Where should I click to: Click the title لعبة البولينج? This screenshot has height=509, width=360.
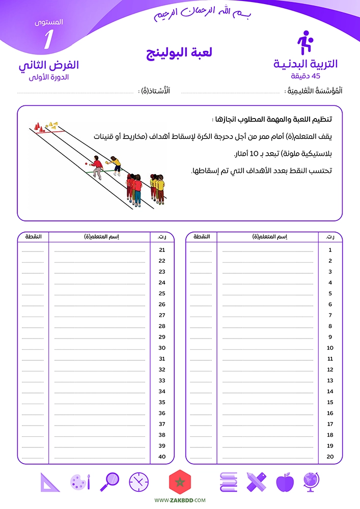[180, 53]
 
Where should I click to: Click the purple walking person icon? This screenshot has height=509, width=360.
[304, 43]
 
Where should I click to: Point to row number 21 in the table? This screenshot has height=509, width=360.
[162, 250]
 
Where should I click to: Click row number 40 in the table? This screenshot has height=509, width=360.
[162, 457]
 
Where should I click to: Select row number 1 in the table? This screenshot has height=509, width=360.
[330, 250]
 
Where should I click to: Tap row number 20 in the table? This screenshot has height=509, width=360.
[330, 457]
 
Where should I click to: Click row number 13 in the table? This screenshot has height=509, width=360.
[330, 381]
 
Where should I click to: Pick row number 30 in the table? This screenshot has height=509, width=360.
[162, 348]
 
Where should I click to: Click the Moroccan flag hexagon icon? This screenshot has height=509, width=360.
[179, 482]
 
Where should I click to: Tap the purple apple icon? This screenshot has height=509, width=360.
[285, 482]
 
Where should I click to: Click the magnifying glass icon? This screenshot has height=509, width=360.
[110, 482]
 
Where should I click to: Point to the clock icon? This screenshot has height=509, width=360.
[139, 482]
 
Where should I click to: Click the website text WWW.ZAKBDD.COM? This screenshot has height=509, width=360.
[180, 501]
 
